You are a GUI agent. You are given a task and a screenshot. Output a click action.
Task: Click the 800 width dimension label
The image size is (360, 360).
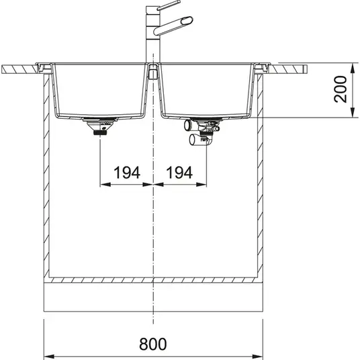(153, 344)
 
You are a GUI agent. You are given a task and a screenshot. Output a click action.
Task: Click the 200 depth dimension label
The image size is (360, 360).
(341, 89)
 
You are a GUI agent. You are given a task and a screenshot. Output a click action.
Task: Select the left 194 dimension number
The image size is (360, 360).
(127, 173)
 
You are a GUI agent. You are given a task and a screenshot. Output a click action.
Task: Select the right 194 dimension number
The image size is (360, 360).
(179, 173)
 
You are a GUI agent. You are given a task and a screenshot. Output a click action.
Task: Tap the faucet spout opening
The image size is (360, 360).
(187, 21)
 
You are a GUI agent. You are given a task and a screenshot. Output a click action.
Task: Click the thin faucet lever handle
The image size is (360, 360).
(169, 5)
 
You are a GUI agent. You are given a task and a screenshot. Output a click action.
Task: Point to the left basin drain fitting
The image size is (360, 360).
(100, 126)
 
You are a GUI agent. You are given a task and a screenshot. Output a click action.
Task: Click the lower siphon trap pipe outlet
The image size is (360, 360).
(193, 140)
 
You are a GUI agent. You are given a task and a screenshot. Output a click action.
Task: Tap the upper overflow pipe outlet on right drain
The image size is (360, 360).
(187, 126)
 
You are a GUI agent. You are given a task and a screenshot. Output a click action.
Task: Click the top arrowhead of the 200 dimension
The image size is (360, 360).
(352, 69)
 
